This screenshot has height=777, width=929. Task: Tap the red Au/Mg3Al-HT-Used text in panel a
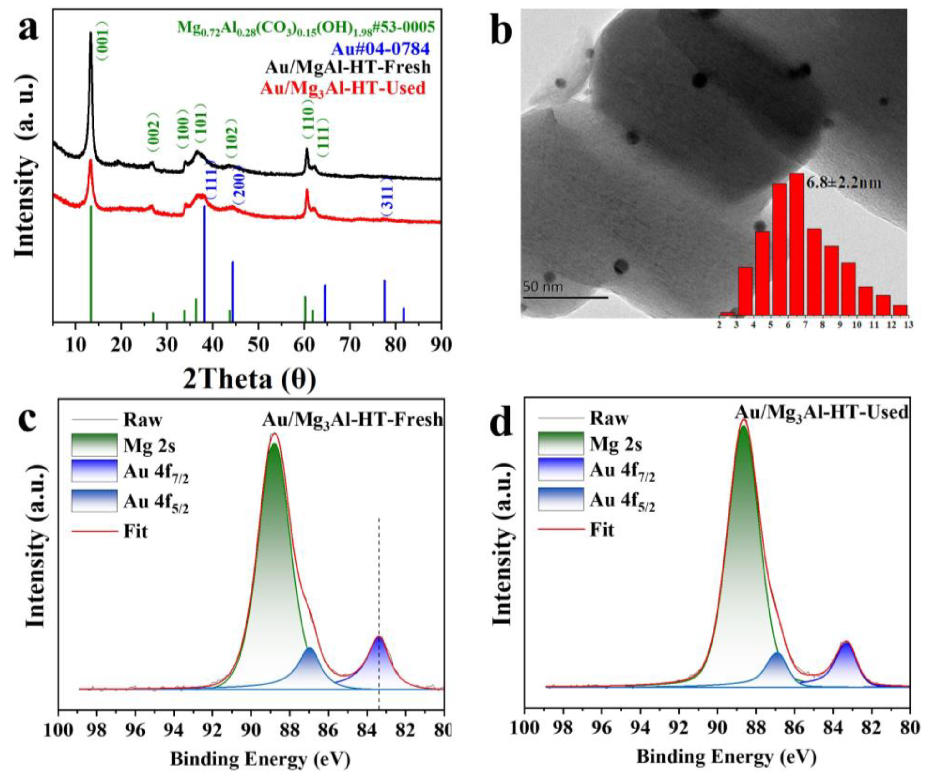343,88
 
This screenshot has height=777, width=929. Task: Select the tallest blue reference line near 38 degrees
204,265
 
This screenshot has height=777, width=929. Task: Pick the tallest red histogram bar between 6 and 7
796,243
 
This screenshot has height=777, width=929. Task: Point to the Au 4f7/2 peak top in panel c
379,638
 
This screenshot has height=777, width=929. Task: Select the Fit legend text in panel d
602,530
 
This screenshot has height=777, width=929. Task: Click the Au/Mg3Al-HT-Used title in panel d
822,413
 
